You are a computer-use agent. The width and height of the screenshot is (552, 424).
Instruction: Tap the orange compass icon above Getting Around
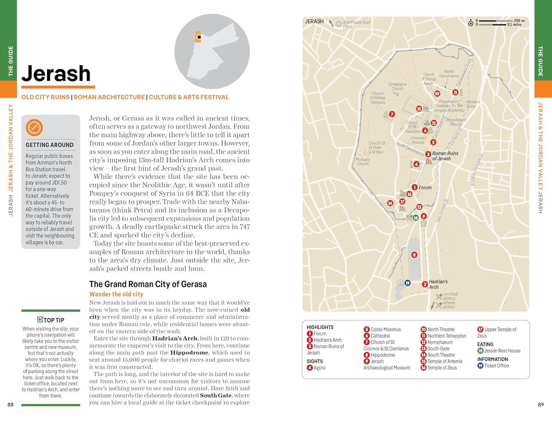34,128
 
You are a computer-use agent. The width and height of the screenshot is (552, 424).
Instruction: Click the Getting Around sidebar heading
50,145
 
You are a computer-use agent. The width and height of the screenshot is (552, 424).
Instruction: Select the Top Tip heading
51,320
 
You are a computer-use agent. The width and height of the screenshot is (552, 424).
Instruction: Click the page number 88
11,405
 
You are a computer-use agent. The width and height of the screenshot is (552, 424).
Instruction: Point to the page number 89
541,405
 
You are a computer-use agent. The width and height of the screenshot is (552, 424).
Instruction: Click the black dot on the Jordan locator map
199,37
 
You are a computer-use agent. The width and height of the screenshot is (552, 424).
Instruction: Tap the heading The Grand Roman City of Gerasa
148,284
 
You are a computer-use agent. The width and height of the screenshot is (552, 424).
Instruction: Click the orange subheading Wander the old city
116,294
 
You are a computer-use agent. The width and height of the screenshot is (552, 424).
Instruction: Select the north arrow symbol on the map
471,23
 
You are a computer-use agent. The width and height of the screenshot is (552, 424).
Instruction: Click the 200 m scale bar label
519,21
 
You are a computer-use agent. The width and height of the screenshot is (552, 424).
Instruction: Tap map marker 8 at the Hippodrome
414,255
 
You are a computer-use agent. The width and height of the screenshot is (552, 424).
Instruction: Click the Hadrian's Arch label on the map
438,284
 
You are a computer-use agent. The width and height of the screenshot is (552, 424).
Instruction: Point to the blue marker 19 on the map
407,283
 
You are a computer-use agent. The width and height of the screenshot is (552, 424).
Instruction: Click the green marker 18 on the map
415,218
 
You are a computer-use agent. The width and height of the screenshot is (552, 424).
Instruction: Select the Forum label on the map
425,187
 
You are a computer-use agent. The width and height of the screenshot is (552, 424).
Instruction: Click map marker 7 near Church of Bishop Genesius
392,114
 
